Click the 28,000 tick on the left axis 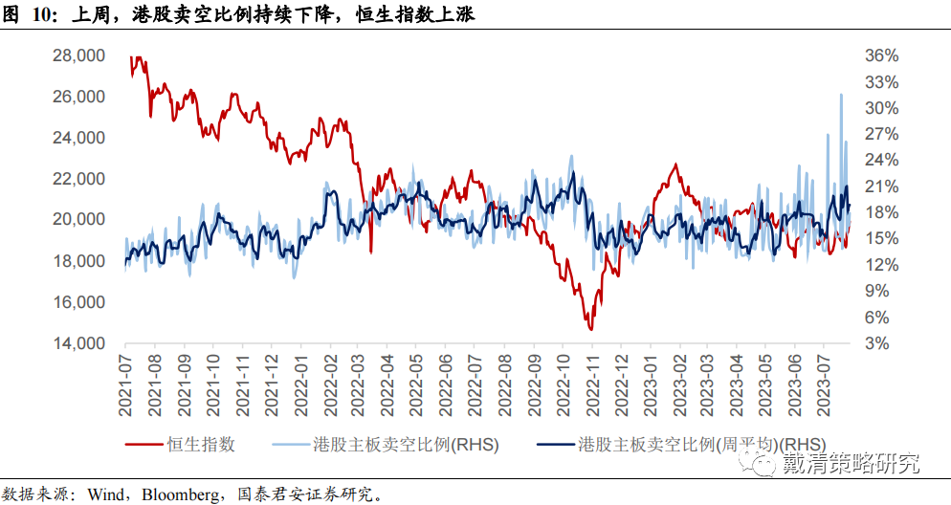78,55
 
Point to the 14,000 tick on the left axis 78,343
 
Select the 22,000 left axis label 78,179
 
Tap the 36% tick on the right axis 882,55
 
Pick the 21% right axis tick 882,186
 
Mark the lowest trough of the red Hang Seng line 591,330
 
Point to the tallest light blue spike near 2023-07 840,94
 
